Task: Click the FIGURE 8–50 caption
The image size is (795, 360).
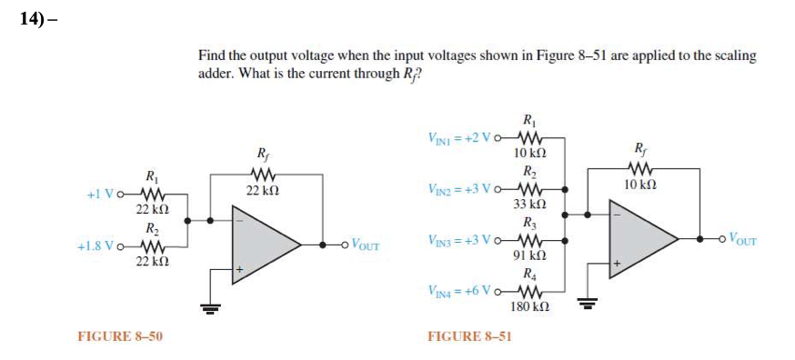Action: pyautogui.click(x=120, y=336)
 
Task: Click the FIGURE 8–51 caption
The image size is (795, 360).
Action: pyautogui.click(x=469, y=336)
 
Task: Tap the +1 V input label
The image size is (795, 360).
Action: pyautogui.click(x=102, y=194)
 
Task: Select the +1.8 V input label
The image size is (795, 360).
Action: pyautogui.click(x=97, y=245)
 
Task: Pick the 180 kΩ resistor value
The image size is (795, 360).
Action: pyautogui.click(x=529, y=308)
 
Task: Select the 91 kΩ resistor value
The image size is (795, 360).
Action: pyautogui.click(x=529, y=256)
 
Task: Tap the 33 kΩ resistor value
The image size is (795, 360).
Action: pyautogui.click(x=529, y=204)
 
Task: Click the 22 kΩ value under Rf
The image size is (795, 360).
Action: pyautogui.click(x=262, y=191)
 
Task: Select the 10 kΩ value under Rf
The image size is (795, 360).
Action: pyautogui.click(x=639, y=185)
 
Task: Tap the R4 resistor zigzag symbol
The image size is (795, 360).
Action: pyautogui.click(x=529, y=292)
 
